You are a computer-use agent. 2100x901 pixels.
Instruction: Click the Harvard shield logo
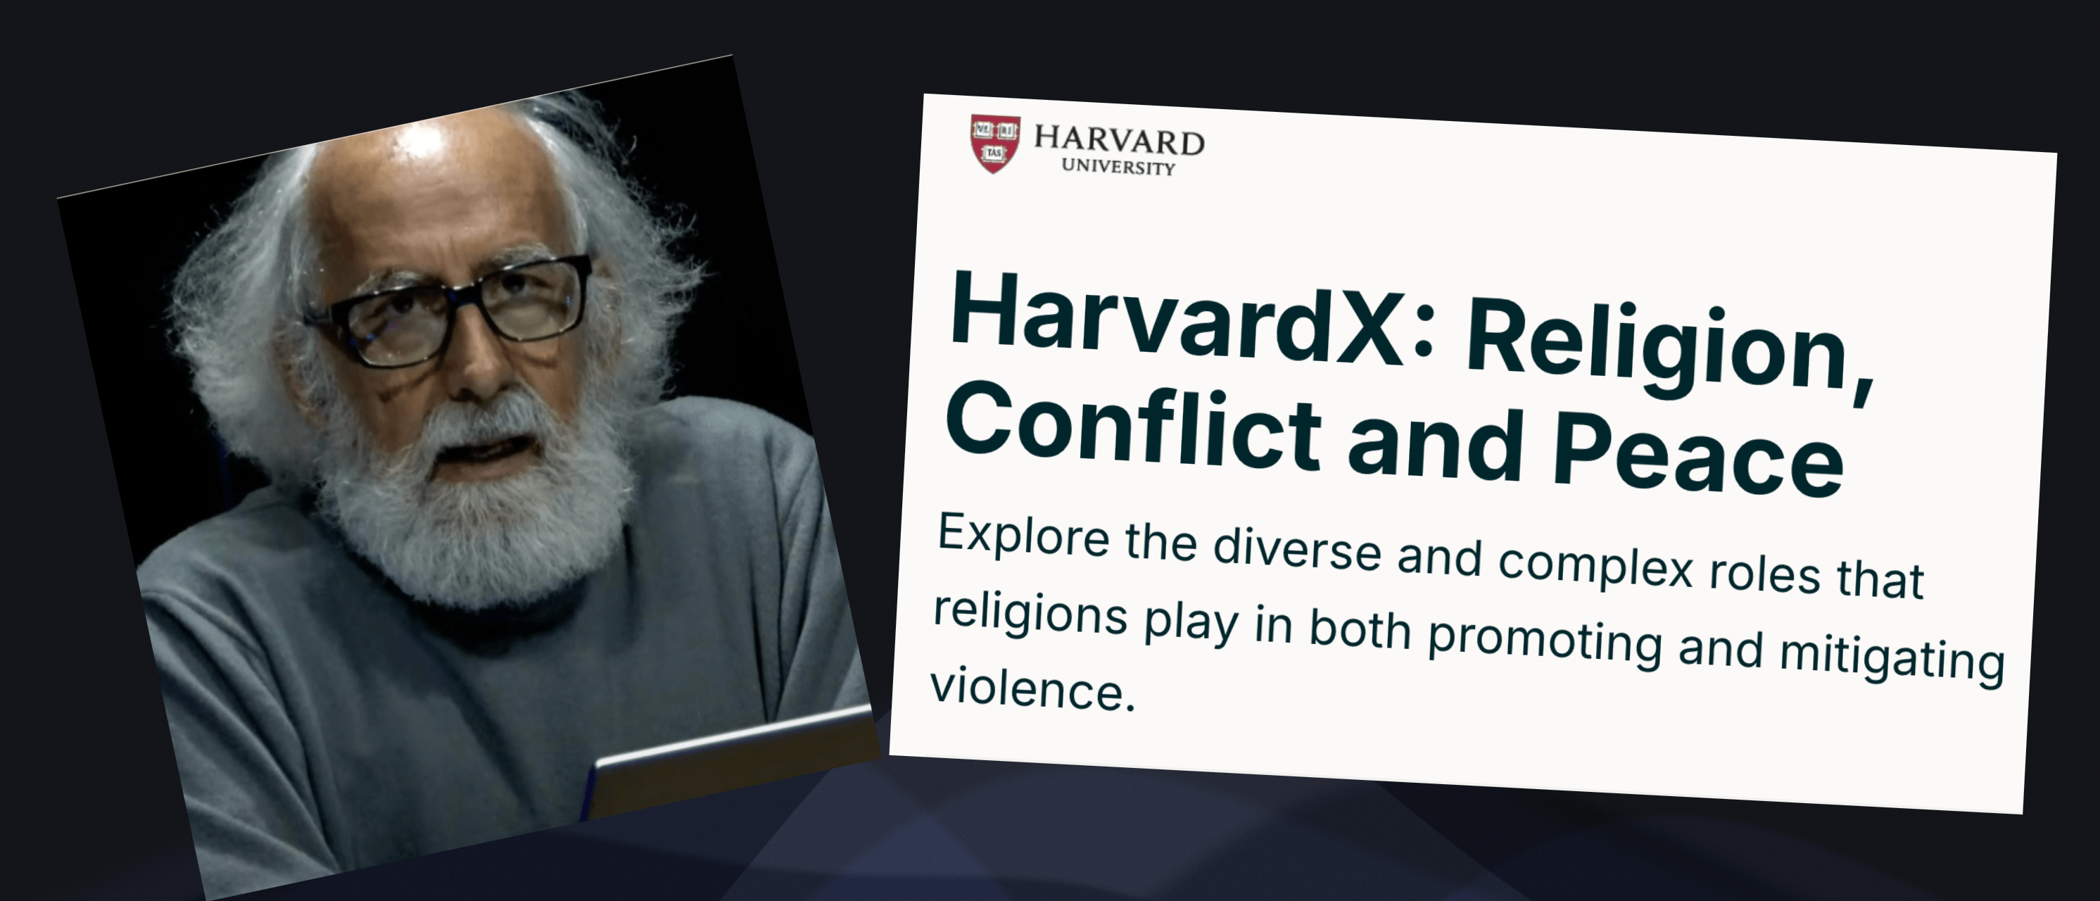coord(994,144)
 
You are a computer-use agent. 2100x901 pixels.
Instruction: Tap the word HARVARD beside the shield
coord(1119,140)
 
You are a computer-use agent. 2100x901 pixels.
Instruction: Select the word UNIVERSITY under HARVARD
coord(1118,166)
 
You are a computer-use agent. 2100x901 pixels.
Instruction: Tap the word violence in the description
coord(1032,689)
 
